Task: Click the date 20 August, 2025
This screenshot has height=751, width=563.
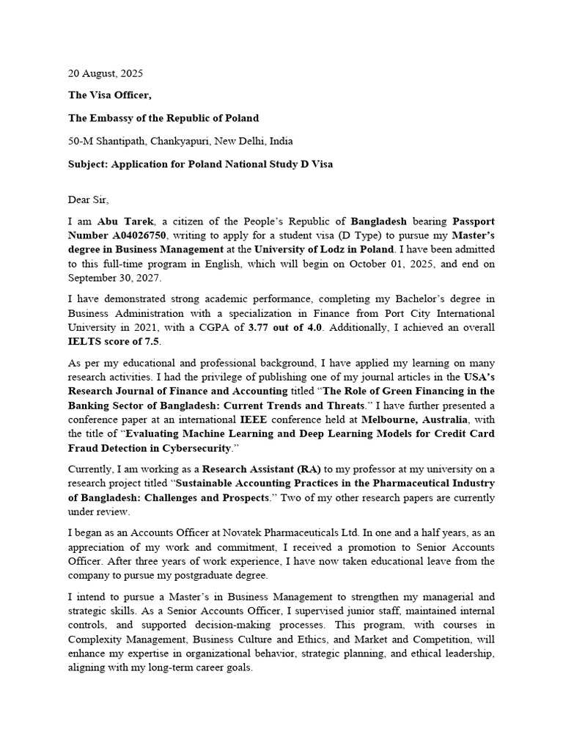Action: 106,74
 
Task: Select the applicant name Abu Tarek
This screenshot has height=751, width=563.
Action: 121,221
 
